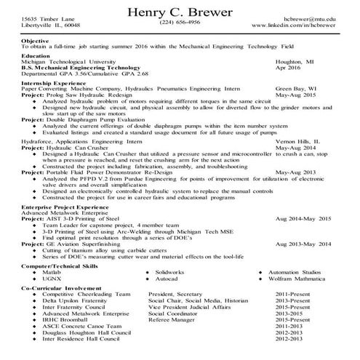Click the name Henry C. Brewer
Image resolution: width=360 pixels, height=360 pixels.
coord(180,13)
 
